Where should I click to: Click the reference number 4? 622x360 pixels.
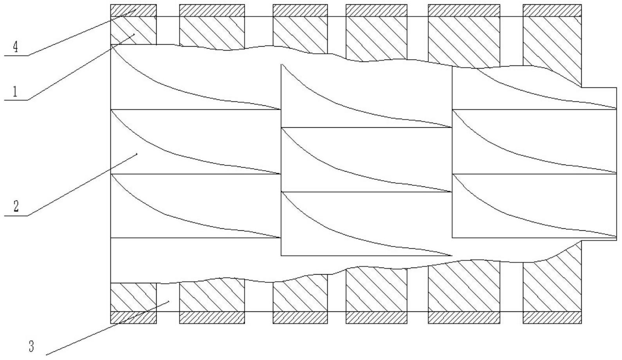click(x=16, y=47)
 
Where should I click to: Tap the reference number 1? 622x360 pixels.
click(x=15, y=91)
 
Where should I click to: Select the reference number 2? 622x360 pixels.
click(x=16, y=206)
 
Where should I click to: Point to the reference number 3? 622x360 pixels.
click(x=31, y=346)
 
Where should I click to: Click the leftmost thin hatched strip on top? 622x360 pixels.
click(x=133, y=11)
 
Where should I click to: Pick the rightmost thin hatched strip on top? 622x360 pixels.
click(x=552, y=11)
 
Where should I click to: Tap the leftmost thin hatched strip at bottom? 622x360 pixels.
click(x=133, y=318)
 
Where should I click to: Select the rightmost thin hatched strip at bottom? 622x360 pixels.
click(x=552, y=318)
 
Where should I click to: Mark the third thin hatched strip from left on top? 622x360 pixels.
click(x=300, y=11)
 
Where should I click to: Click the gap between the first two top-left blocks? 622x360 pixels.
click(x=168, y=31)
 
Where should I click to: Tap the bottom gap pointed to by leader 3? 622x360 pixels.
click(x=168, y=297)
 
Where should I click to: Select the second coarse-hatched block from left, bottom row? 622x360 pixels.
click(x=212, y=295)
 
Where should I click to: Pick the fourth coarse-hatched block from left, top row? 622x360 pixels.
click(x=377, y=38)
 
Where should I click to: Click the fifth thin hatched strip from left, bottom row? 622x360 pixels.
click(x=464, y=318)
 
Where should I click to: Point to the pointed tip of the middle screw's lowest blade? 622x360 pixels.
click(x=452, y=255)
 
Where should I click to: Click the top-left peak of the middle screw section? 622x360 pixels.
click(x=281, y=65)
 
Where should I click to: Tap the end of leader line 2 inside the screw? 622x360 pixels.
click(x=137, y=153)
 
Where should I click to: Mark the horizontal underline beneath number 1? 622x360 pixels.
click(x=16, y=100)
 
